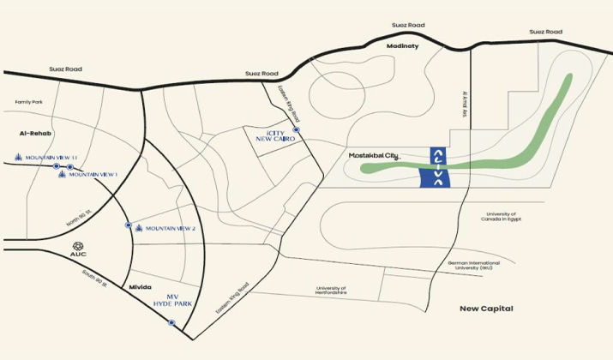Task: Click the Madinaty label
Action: (x=402, y=45)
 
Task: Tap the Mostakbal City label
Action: (x=374, y=155)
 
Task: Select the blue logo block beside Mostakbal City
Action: (x=437, y=166)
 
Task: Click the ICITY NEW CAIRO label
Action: (x=275, y=137)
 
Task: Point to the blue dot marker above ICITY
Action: (x=296, y=129)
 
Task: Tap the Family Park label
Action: (x=28, y=102)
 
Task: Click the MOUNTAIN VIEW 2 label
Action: (x=171, y=228)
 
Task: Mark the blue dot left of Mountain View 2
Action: (x=129, y=225)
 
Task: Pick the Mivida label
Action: (x=140, y=287)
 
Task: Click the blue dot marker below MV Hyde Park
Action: (x=171, y=322)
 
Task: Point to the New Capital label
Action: (x=485, y=308)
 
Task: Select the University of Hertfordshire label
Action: (x=330, y=291)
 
